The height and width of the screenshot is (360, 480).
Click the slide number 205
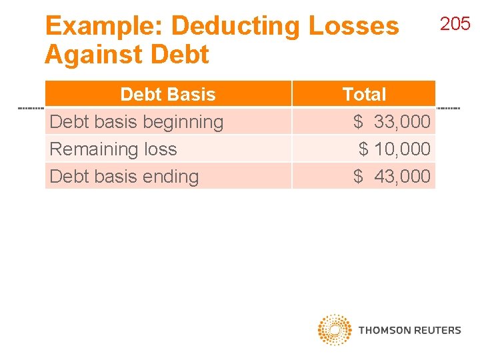455,25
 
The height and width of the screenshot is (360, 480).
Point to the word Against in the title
89,54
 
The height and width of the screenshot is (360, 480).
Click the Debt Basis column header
168,95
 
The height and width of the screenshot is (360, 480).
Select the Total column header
364,95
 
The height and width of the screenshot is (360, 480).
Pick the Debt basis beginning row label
137,122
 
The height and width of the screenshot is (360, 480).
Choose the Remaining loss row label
113,149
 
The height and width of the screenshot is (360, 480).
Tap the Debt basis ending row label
124,177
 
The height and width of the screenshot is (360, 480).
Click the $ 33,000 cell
392,122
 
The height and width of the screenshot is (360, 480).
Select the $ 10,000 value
395,149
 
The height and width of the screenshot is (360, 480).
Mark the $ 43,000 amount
392,177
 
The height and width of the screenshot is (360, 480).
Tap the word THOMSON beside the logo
383,330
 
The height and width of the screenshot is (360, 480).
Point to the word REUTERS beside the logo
436,330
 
